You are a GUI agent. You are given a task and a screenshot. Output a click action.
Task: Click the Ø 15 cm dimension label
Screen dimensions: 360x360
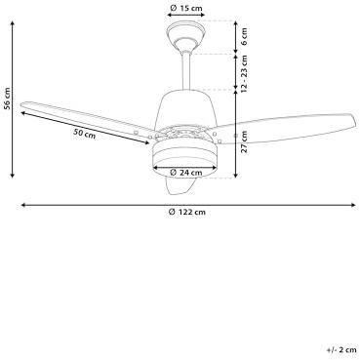tap(186, 8)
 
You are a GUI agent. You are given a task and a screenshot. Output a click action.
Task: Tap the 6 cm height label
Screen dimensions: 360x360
tap(244, 36)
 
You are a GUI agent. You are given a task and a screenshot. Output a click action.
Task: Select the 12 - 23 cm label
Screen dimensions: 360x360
tap(244, 73)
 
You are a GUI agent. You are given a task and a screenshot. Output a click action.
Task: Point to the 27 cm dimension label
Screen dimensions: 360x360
tap(244, 141)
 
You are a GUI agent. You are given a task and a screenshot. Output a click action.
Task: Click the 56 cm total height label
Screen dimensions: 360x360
tap(7, 99)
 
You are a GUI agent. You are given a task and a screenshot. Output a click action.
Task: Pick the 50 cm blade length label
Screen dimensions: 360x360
tap(85, 134)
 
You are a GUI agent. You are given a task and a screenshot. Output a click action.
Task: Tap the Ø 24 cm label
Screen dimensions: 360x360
tap(186, 173)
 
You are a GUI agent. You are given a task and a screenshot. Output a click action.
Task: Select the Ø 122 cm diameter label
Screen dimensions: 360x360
tap(187, 212)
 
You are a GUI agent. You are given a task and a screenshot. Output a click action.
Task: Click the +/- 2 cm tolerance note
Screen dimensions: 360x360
tap(341, 350)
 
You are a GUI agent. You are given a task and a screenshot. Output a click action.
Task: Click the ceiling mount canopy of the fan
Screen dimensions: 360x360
tap(186, 35)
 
